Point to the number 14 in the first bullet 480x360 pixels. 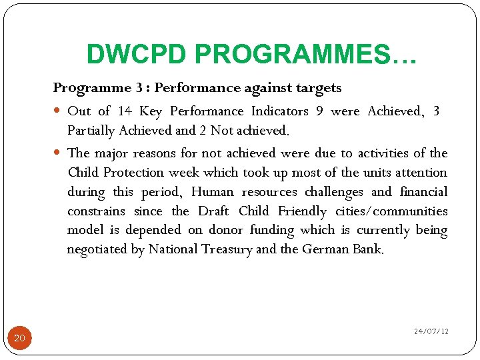coord(124,111)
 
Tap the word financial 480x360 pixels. coord(424,192)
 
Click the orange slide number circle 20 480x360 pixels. coord(19,338)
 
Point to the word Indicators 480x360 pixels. coord(279,111)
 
